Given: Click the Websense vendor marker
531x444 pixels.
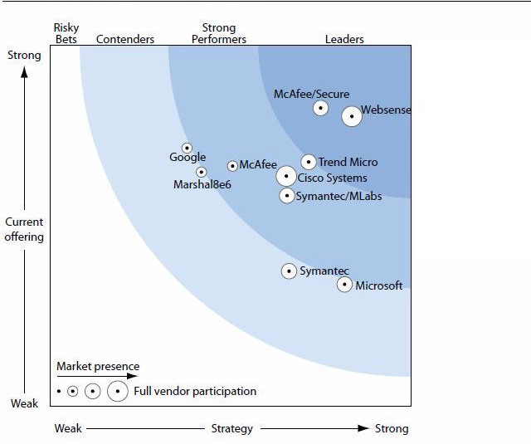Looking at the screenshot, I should (352, 116).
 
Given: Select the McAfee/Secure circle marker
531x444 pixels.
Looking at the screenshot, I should (320, 108).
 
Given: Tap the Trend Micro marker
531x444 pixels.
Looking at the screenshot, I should (309, 162).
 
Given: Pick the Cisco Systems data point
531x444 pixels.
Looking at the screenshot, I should (286, 176).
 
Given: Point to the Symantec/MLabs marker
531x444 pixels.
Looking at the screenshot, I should (287, 196).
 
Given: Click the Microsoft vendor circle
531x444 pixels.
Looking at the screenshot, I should (344, 285).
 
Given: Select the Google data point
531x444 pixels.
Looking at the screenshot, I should (187, 148).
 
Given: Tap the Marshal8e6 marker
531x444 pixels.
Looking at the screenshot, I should (201, 172).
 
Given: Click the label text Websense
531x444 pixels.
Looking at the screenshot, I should (386, 110).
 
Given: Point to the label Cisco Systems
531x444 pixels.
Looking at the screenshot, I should (332, 178).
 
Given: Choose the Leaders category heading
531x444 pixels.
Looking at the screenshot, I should (344, 39).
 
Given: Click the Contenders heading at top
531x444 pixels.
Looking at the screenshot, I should (125, 39).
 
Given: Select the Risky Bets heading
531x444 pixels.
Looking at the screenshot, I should (66, 33).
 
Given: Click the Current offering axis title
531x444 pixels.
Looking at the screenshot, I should (24, 229).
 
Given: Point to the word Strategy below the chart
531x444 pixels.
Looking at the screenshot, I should (231, 428).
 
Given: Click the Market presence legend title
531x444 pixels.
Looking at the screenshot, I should (98, 366).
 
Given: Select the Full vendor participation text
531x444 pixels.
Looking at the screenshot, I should (195, 391).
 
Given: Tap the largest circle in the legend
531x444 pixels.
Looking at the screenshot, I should (117, 391).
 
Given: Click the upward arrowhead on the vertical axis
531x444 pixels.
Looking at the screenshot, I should (24, 71).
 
